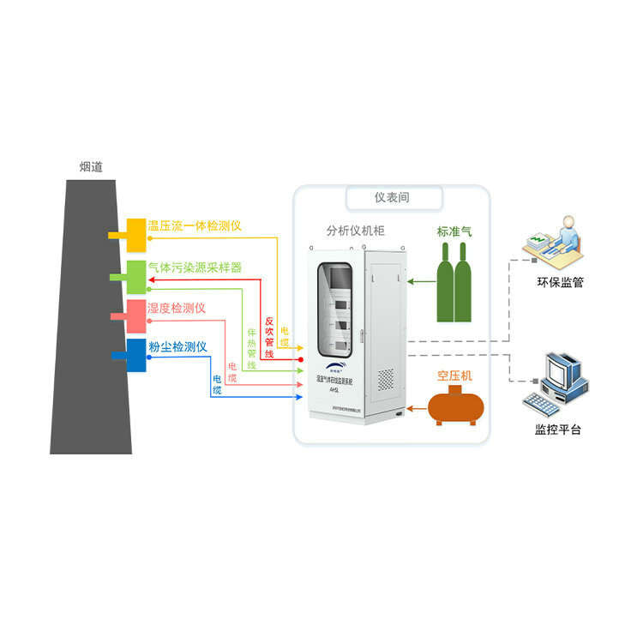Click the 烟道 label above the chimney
[x=91, y=167]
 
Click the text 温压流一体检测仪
[x=195, y=225]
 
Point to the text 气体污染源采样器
[x=195, y=267]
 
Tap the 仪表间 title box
[x=393, y=197]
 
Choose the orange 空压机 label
[x=454, y=376]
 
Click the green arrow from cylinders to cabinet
[x=420, y=279]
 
